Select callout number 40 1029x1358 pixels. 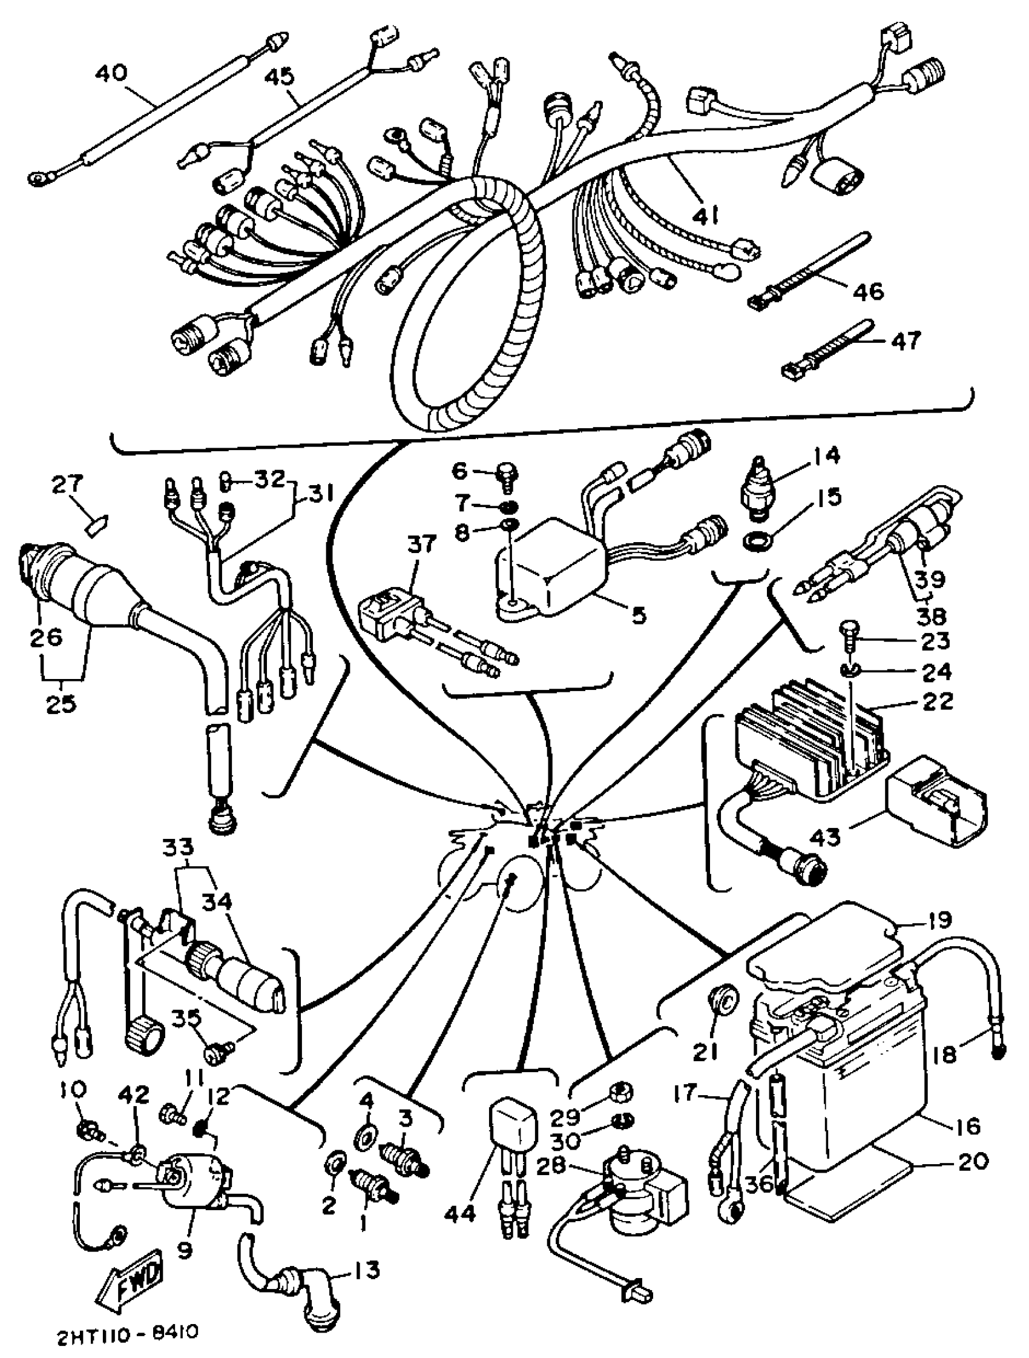(x=111, y=73)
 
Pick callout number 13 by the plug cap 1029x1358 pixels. (x=366, y=1270)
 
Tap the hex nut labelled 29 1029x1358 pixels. (x=623, y=1091)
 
